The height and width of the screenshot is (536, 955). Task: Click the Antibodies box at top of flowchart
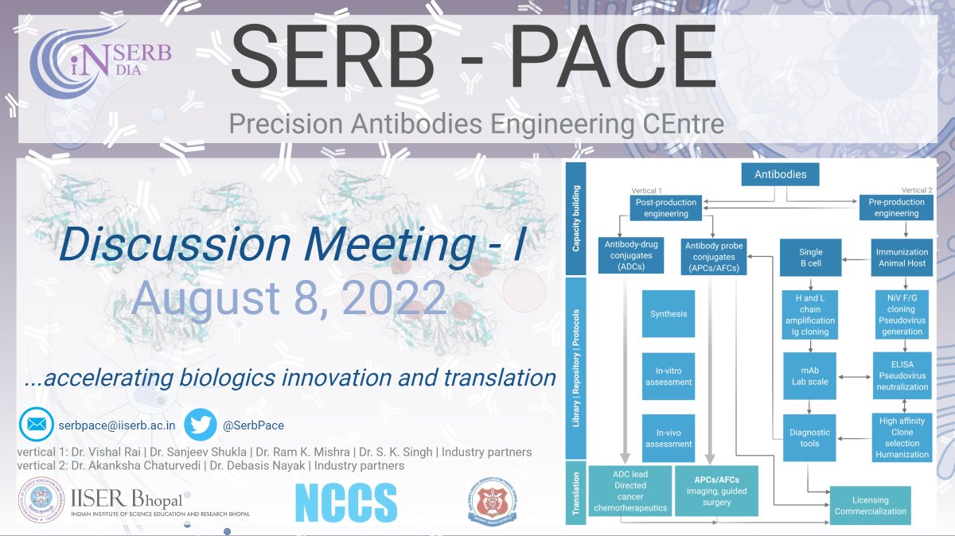(780, 174)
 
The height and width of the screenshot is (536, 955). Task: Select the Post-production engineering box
(665, 208)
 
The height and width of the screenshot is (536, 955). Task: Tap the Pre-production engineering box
(896, 208)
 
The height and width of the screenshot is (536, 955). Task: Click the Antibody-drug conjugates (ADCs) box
(629, 257)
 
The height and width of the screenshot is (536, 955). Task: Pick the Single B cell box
(809, 258)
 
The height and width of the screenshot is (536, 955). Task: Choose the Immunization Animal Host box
(902, 258)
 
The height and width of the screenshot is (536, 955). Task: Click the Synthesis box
(668, 314)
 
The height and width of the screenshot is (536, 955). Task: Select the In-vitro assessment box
(668, 376)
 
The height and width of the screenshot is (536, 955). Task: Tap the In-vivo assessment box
(668, 439)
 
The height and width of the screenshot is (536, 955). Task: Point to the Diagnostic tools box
(809, 438)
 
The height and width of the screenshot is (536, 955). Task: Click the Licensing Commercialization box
(870, 506)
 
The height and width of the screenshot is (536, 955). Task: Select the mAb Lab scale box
(809, 376)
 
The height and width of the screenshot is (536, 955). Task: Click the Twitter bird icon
(201, 425)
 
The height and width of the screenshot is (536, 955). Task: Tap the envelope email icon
(36, 425)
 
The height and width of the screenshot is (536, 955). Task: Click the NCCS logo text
(345, 503)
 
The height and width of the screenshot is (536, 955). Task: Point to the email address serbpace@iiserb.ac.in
(117, 425)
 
